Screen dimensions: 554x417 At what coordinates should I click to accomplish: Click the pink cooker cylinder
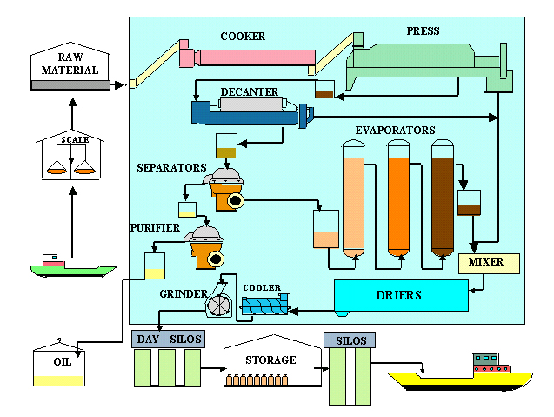(x=247, y=57)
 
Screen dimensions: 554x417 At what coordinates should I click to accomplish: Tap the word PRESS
(x=423, y=31)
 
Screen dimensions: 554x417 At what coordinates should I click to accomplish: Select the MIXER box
(x=489, y=264)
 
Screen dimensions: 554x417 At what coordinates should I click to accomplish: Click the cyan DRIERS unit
(x=402, y=296)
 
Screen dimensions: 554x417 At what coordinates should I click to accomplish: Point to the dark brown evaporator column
(x=443, y=198)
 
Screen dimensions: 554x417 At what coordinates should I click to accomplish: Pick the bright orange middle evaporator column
(x=399, y=198)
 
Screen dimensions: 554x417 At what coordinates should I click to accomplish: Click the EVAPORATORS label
(x=395, y=131)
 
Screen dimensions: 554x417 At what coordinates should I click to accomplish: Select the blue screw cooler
(x=265, y=306)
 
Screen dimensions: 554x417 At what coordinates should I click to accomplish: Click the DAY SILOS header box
(x=168, y=340)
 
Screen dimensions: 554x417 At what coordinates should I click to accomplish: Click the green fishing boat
(x=73, y=266)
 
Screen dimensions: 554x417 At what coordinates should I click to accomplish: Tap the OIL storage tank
(x=59, y=363)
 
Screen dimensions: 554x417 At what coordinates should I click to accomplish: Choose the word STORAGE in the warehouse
(x=270, y=360)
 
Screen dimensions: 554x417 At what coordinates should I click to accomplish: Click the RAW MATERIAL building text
(x=70, y=64)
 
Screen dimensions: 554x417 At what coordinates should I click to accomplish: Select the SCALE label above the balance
(x=76, y=139)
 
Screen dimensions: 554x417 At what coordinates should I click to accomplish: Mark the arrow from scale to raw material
(x=72, y=113)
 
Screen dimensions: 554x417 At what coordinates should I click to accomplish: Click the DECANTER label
(x=250, y=92)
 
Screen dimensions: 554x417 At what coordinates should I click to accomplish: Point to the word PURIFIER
(x=155, y=228)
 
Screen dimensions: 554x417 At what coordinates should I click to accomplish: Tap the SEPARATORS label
(x=171, y=168)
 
